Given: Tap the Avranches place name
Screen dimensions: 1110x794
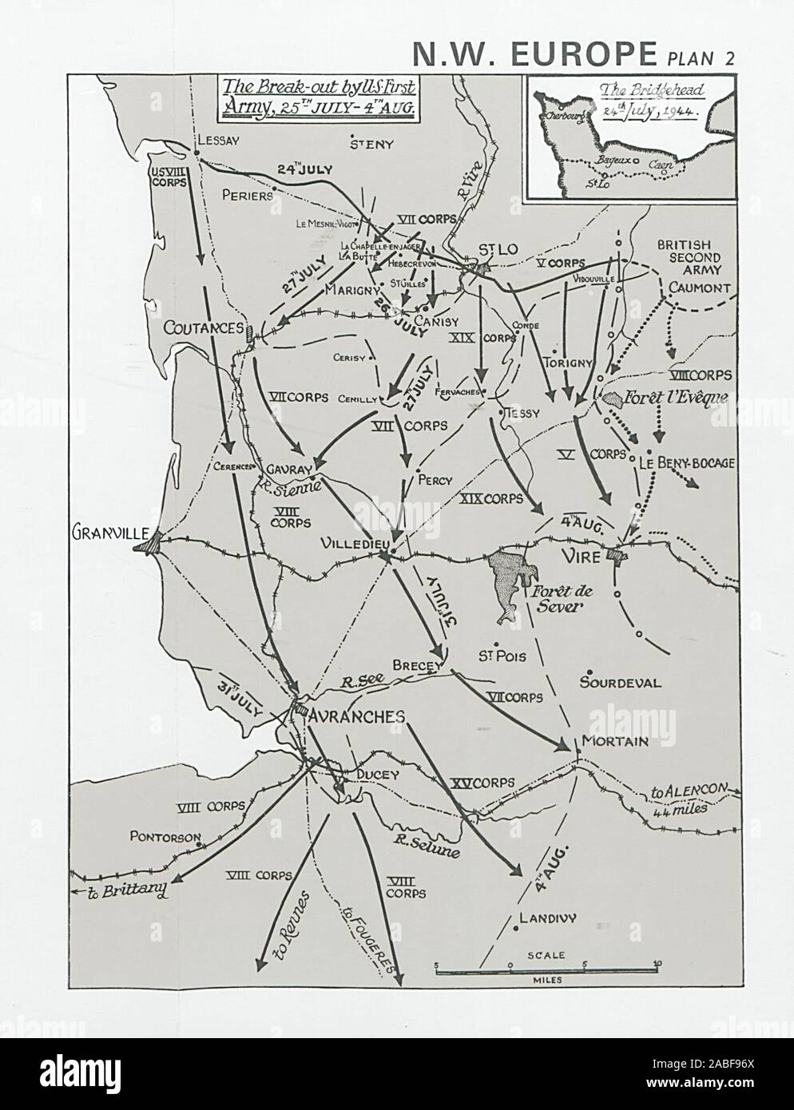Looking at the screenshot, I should [357, 716].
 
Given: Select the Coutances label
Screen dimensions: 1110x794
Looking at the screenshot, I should [203, 327].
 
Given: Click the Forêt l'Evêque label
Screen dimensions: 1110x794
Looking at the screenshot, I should [677, 395].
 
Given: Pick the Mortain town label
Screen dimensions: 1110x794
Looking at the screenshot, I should [614, 741].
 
